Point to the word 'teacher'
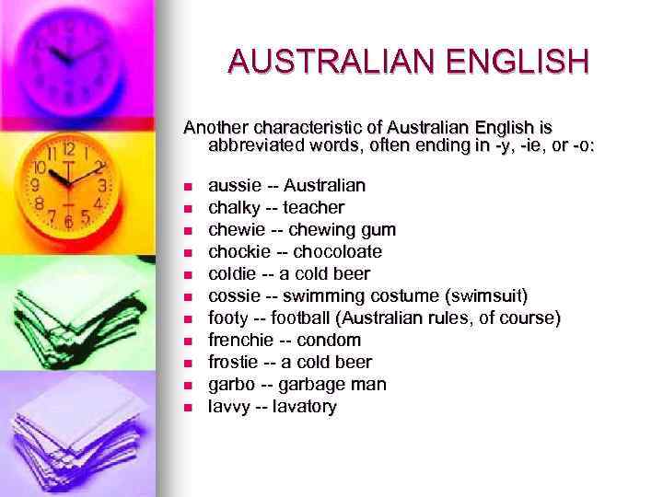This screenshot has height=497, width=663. click(313, 208)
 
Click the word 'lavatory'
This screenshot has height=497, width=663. click(303, 407)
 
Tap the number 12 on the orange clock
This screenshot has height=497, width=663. click(68, 148)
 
